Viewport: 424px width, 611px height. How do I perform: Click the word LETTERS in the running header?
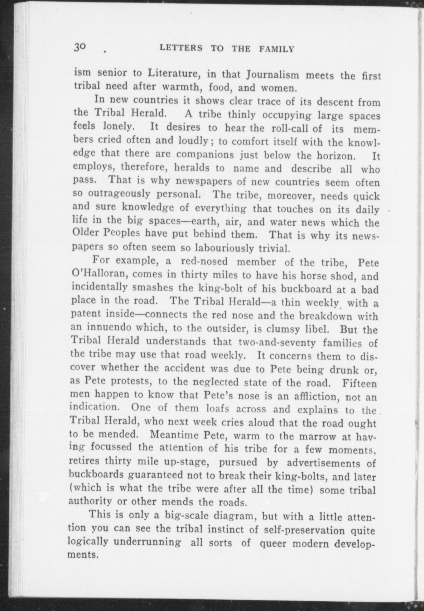tap(181, 49)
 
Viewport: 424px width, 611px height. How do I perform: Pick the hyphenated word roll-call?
tap(291, 128)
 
